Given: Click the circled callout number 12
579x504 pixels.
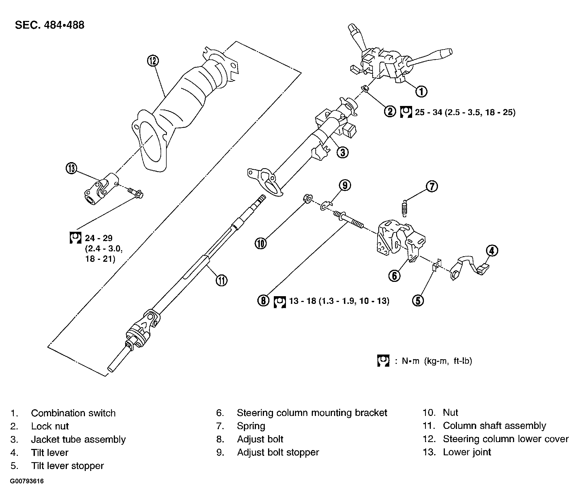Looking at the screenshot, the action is pos(153,61).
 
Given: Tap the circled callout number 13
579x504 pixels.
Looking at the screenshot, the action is pos(71,168).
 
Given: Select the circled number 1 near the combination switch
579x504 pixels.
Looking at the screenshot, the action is pos(421,91).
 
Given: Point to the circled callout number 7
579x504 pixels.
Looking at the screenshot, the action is pos(432,186).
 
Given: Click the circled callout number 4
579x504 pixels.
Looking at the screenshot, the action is pos(492,250).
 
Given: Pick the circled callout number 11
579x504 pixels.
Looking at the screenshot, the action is pos(221,280).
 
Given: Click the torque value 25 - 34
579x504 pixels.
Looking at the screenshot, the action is pos(428,112).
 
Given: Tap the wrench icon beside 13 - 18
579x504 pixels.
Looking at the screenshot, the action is pos(280,302).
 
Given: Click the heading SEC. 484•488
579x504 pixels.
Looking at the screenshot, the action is pos(50,25).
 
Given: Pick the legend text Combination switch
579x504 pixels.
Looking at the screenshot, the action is pos(73,413).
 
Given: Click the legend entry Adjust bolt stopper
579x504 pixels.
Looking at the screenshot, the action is pos(278,452).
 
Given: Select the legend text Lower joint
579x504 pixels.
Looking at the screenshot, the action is pos(467,452).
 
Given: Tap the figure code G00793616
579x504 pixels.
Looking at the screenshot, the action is pos(27,481).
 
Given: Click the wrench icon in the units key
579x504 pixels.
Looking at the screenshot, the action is pos(383,361).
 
